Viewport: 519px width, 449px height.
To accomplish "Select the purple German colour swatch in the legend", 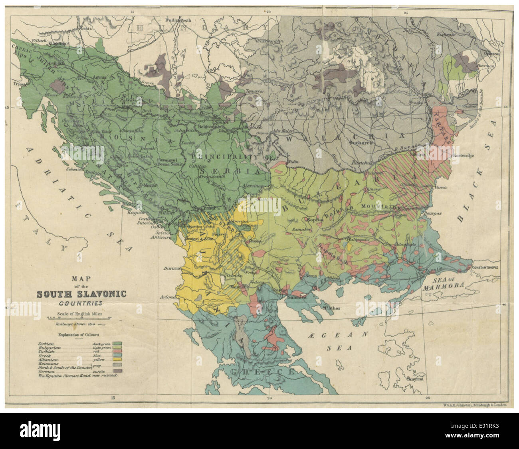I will click(x=117, y=371).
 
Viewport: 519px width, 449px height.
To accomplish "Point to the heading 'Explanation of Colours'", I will click(x=78, y=335).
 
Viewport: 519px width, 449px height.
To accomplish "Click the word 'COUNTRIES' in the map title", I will click(x=81, y=303).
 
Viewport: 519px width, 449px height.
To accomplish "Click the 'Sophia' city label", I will click(x=315, y=219).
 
